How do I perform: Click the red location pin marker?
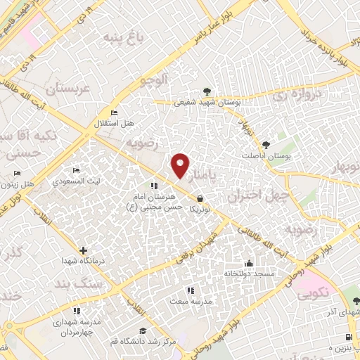181,165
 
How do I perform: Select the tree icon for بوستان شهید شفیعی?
207,91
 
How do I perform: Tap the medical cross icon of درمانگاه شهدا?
84,250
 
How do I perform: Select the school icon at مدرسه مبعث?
189,290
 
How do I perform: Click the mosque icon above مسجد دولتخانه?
247,264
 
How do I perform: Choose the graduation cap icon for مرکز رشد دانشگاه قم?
143,330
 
